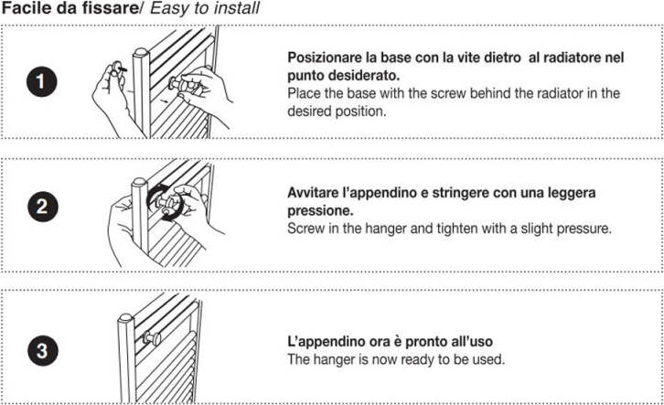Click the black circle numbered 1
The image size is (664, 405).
click(x=41, y=80)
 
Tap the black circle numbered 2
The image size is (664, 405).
click(x=42, y=207)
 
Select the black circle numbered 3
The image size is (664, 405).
click(x=43, y=351)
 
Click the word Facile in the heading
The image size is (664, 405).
click(x=27, y=8)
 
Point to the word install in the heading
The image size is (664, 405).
click(x=238, y=8)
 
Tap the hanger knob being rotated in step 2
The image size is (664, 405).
click(x=166, y=203)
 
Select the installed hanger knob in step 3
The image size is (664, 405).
click(x=151, y=337)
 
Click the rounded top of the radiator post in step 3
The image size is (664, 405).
click(x=126, y=318)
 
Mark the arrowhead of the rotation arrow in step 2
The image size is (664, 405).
click(x=167, y=218)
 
